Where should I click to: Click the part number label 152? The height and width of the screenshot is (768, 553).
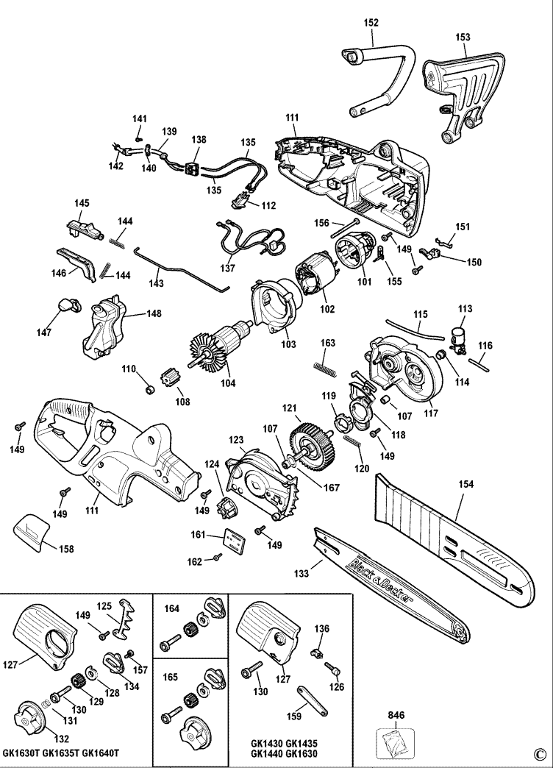coord(371,24)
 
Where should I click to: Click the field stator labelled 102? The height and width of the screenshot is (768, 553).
coord(315,280)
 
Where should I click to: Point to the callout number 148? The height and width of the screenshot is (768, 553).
coord(154,313)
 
